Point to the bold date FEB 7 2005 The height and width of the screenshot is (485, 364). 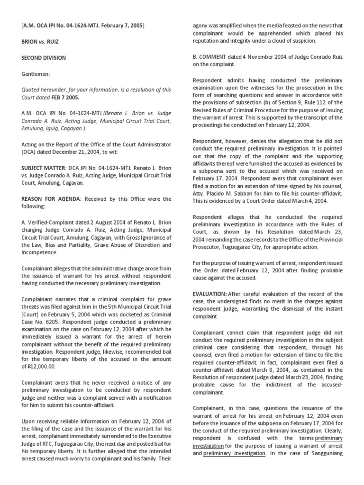point(65,98)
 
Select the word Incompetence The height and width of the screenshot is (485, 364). point(41,252)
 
